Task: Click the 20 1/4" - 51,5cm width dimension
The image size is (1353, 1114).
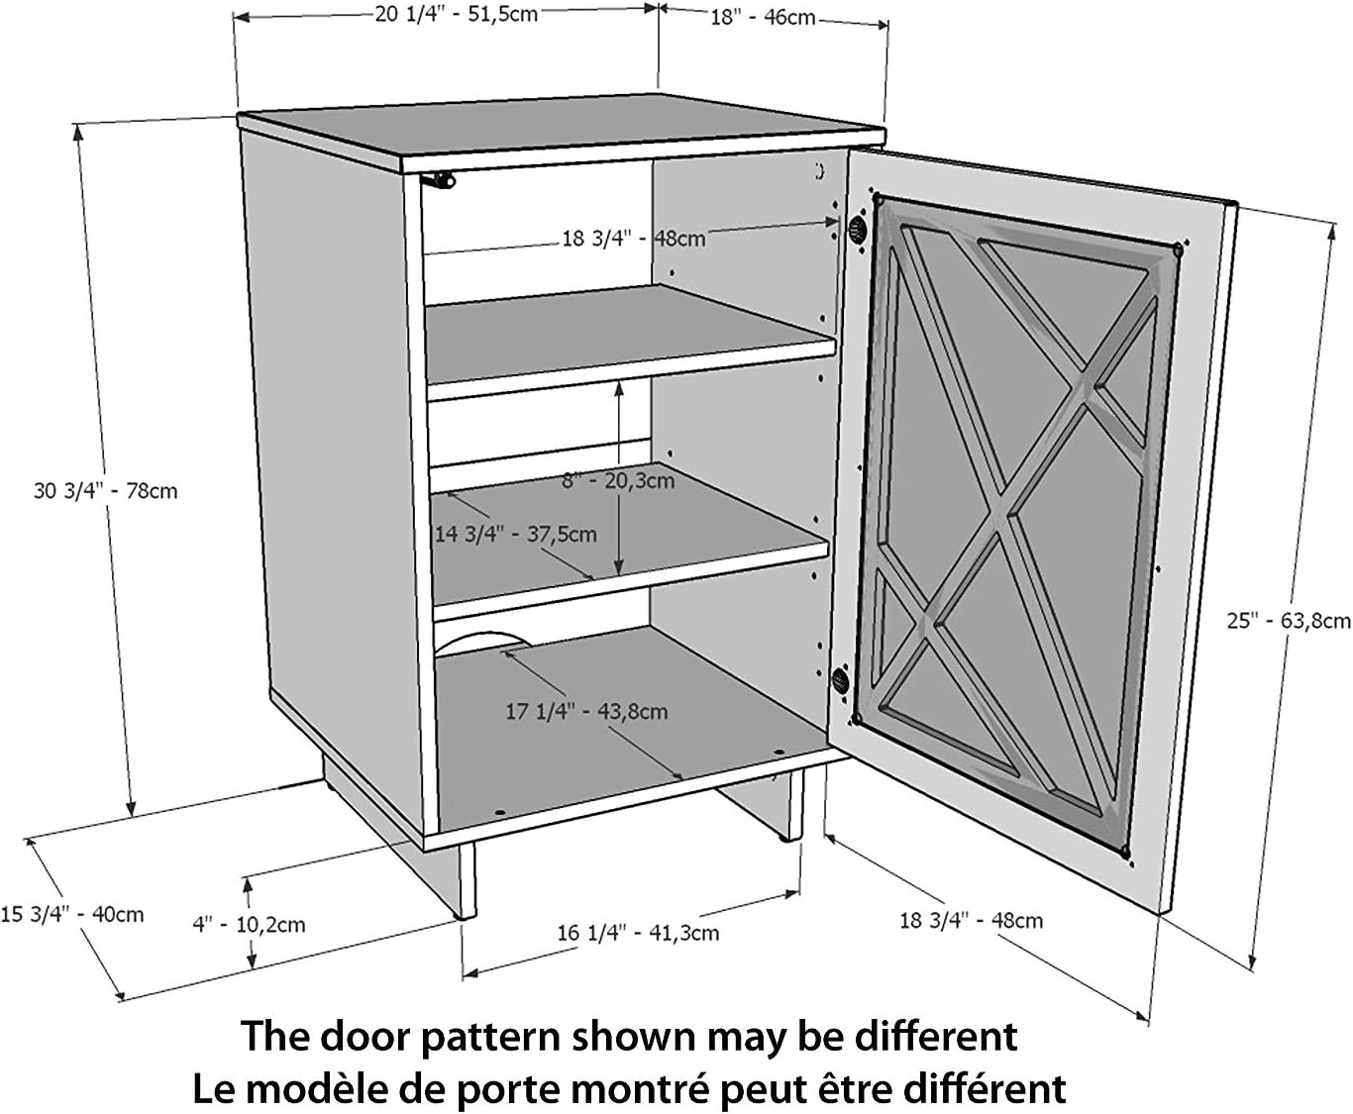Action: [456, 15]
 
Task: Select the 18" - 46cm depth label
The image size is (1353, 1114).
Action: [762, 17]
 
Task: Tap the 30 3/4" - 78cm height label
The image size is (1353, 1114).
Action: [106, 490]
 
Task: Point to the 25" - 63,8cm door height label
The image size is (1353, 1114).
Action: [1288, 621]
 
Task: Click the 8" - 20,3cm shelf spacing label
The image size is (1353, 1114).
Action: [618, 481]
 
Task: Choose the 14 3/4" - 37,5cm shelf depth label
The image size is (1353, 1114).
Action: [516, 535]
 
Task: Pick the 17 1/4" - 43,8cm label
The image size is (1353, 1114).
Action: [586, 711]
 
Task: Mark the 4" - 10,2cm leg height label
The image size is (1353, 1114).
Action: [249, 925]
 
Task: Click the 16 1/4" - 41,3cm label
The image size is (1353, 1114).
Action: [638, 933]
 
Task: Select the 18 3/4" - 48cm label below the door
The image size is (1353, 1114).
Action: [971, 920]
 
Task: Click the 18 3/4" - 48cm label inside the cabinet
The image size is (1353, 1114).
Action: [634, 239]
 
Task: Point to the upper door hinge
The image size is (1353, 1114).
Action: [854, 232]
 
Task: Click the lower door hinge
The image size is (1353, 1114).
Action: [841, 680]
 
